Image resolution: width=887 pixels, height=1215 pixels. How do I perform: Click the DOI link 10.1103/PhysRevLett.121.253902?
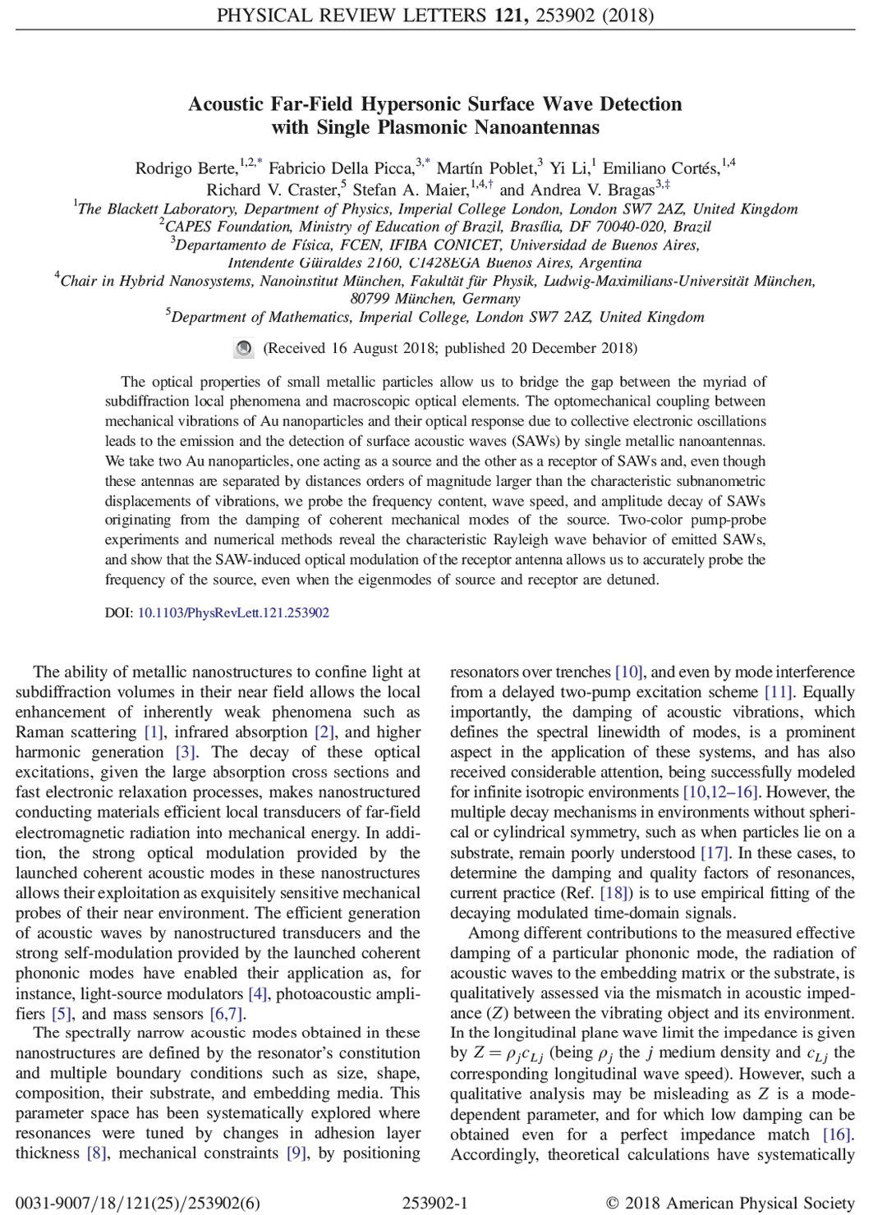coord(233,612)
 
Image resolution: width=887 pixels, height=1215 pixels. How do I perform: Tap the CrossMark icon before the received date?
coord(244,348)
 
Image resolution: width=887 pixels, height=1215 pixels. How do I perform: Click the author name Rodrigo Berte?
coord(186,168)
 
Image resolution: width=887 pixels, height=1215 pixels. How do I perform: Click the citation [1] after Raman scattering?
coord(154,732)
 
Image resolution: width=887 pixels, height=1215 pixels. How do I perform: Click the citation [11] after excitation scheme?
coord(779,692)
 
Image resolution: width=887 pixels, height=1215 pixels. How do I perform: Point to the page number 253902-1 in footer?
coord(434,1203)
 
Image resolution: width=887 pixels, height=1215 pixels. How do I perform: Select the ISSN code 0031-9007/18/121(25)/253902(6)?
coord(138,1203)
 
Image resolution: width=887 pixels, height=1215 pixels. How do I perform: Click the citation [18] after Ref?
coord(614,893)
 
